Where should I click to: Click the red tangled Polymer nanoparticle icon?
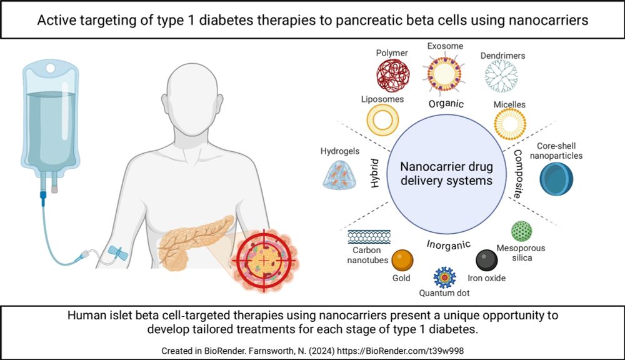(x=392, y=75)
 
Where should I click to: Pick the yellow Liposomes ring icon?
(x=383, y=121)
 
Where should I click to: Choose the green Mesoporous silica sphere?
(x=521, y=231)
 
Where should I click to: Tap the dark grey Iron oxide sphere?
(x=486, y=259)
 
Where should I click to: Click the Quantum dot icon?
(x=445, y=276)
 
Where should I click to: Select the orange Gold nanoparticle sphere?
(x=402, y=259)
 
